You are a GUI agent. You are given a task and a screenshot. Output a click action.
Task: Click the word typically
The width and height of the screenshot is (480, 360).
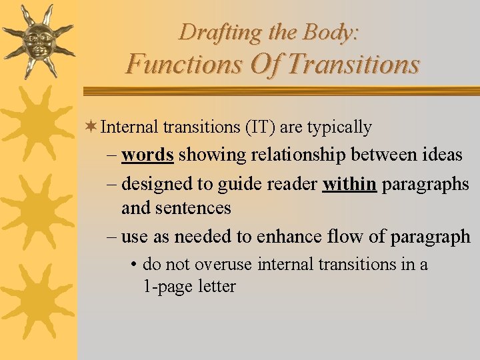[339, 127]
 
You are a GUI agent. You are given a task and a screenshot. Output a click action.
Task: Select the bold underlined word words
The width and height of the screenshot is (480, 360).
[147, 155]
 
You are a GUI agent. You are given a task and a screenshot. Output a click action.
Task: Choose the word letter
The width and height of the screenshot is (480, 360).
[214, 287]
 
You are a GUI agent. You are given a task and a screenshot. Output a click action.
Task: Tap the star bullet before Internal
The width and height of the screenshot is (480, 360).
[92, 127]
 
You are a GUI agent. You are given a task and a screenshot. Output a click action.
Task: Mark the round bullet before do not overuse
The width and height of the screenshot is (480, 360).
[135, 265]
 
